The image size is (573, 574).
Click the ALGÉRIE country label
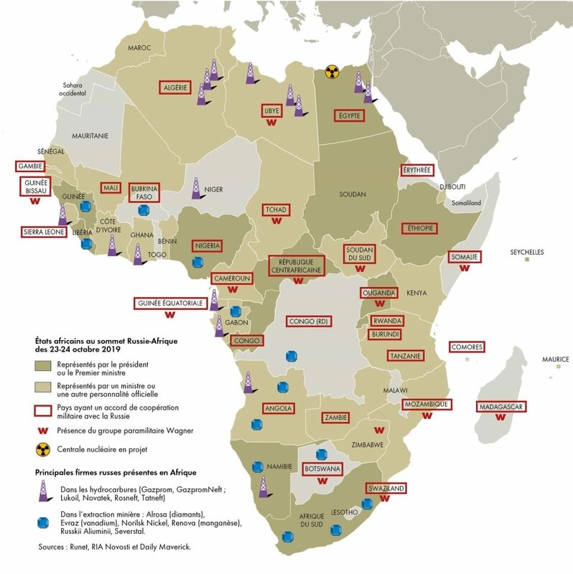click(x=174, y=88)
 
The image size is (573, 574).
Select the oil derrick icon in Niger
click(x=196, y=188)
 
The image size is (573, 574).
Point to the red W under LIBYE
click(x=271, y=123)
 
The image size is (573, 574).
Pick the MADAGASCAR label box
click(x=500, y=407)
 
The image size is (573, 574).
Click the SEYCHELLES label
click(x=526, y=253)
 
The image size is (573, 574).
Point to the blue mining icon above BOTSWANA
click(x=321, y=454)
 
